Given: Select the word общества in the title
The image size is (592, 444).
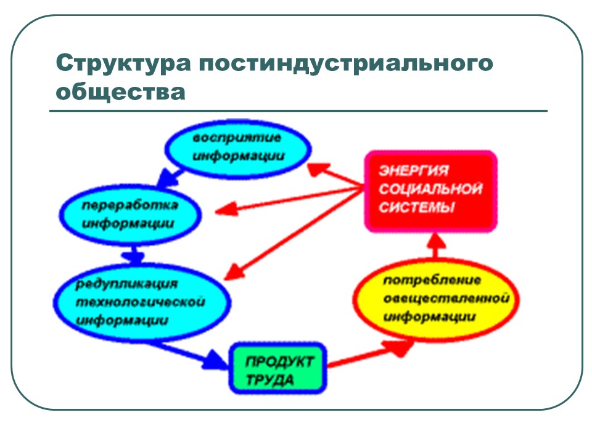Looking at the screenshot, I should click(x=120, y=92).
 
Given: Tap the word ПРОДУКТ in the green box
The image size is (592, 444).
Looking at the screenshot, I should click(x=280, y=360).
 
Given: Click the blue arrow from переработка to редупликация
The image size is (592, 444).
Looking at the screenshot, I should click(x=133, y=253).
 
